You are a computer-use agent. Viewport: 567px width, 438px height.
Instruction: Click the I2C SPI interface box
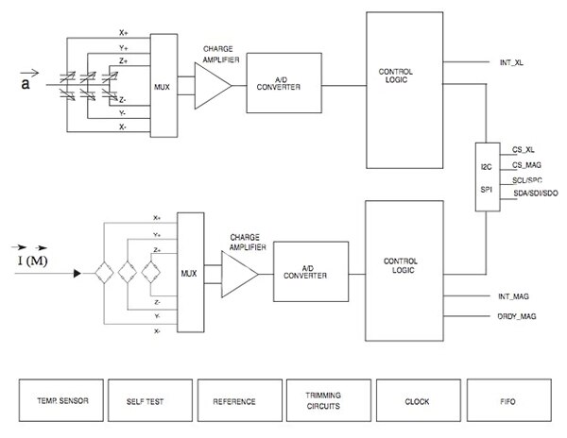coord(489,177)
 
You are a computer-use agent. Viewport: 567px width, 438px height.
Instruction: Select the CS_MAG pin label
coord(526,164)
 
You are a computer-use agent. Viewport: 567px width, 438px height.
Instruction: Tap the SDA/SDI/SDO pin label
coord(535,194)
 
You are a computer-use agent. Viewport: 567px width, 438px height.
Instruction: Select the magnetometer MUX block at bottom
coord(190,274)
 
